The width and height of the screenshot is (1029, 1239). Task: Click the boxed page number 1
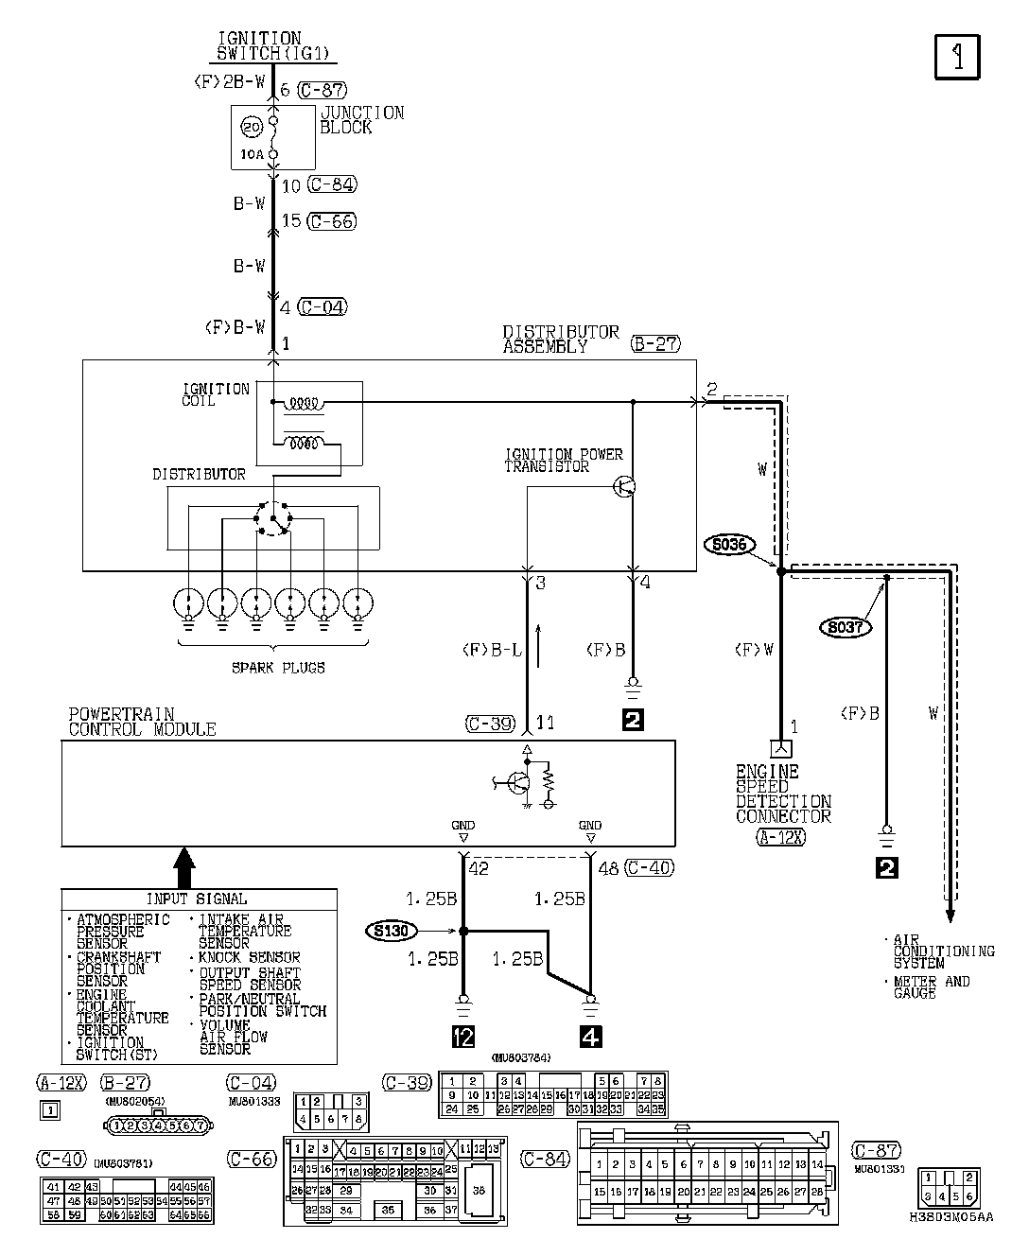(x=957, y=57)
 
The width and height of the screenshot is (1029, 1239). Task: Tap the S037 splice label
(x=846, y=626)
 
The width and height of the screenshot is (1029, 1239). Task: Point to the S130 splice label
(x=391, y=931)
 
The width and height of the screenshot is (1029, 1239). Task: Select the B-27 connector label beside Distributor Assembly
(x=655, y=344)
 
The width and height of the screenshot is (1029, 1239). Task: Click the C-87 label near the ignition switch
(x=322, y=90)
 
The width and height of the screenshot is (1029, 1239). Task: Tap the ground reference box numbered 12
(x=462, y=1037)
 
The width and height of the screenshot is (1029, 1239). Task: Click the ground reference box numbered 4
(x=590, y=1037)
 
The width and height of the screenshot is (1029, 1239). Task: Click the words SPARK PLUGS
(x=278, y=668)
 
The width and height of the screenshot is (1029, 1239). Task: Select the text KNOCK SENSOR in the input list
(x=249, y=957)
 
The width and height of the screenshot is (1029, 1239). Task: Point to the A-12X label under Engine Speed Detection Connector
(x=780, y=836)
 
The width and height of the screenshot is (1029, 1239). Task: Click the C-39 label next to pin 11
(x=490, y=724)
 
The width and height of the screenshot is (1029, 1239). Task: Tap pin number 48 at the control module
(x=608, y=867)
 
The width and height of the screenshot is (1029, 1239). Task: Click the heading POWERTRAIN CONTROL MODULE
(x=142, y=722)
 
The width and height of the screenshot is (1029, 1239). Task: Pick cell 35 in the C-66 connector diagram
(x=389, y=1209)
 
